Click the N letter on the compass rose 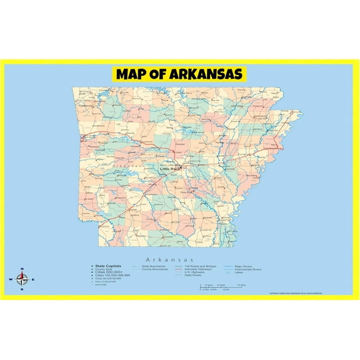pyautogui.click(x=22, y=269)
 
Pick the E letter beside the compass pyautogui.click(x=33, y=279)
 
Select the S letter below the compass pyautogui.click(x=22, y=290)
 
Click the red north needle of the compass pyautogui.click(x=22, y=274)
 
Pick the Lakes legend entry pyautogui.click(x=239, y=273)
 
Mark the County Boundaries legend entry pyautogui.click(x=154, y=269)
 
